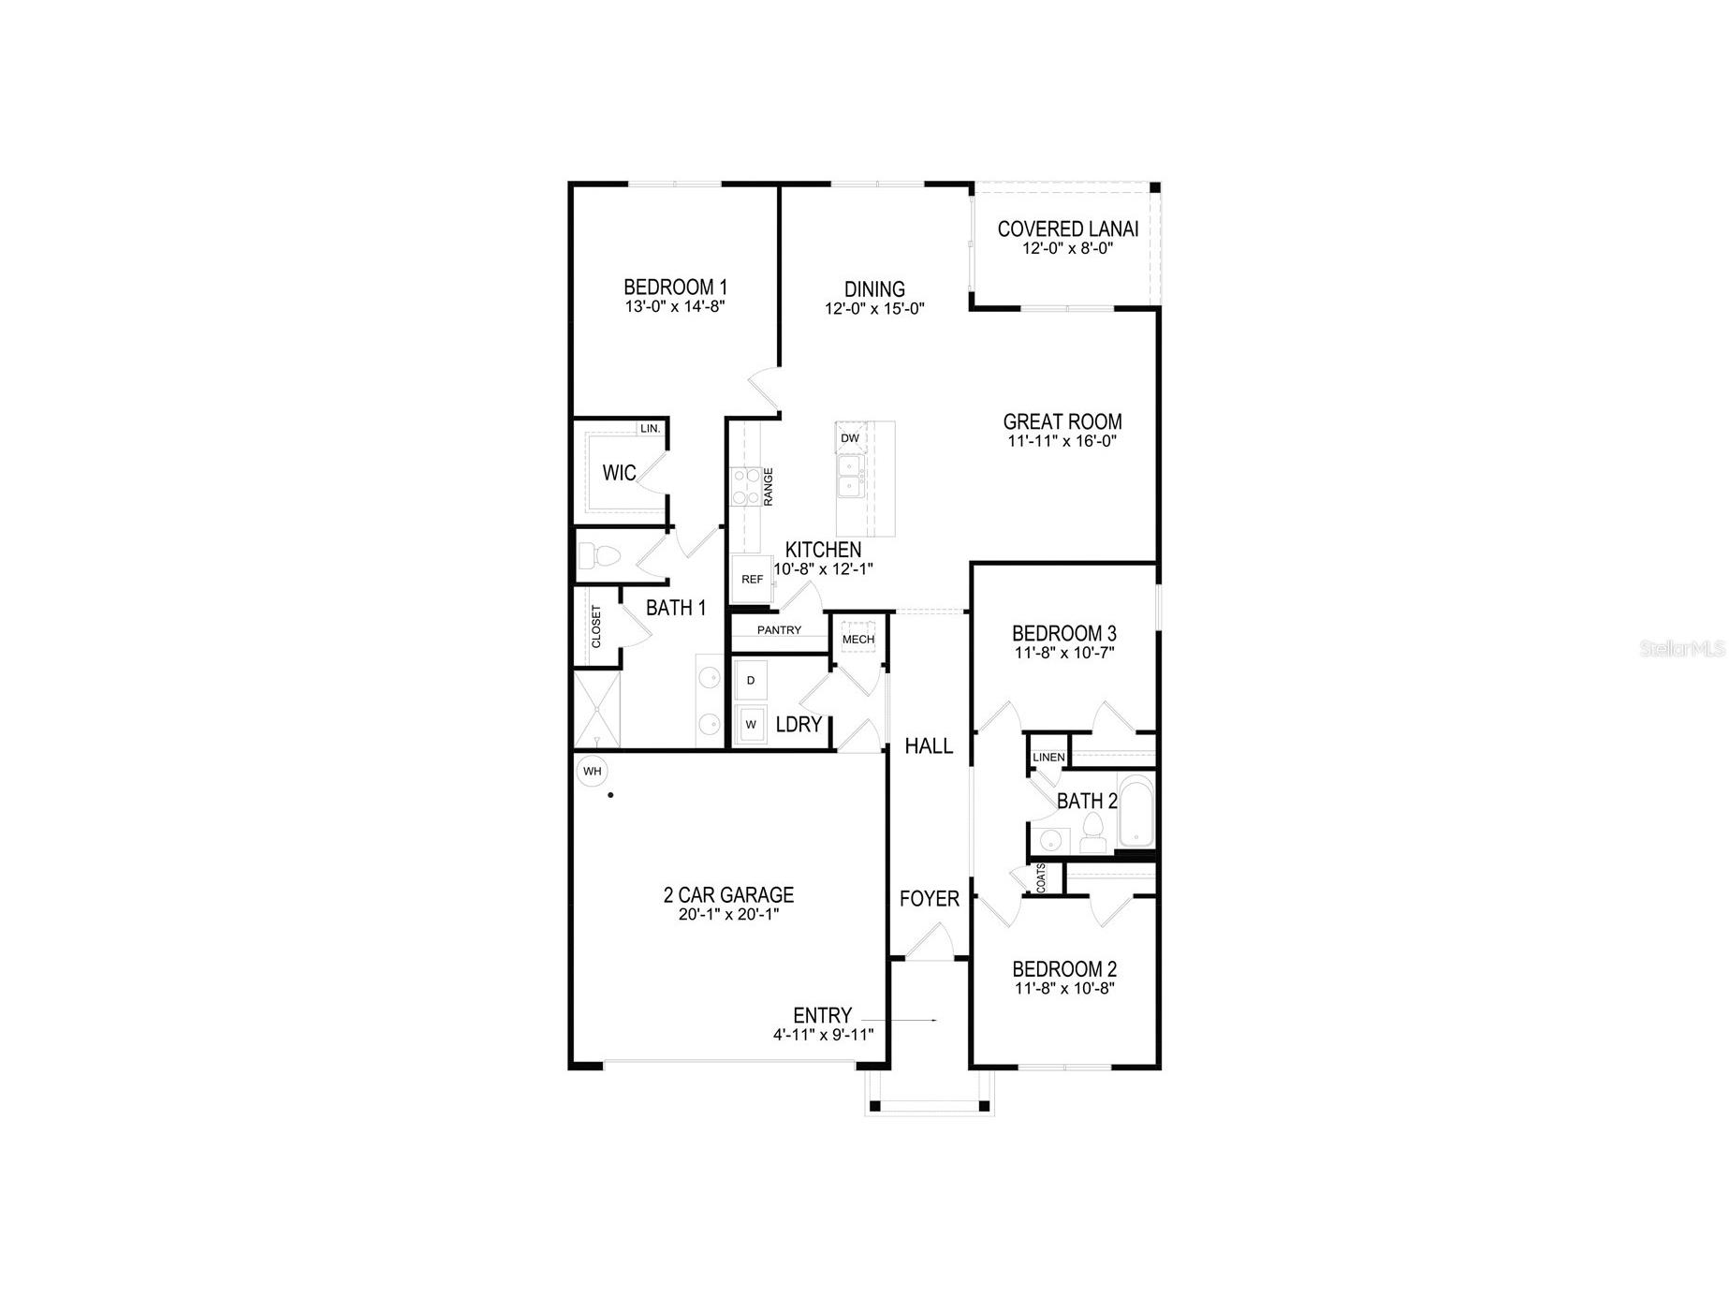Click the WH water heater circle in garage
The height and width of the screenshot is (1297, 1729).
click(592, 772)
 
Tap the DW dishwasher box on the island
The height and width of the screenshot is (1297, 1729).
click(850, 438)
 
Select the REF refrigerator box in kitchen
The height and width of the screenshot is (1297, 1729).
click(752, 580)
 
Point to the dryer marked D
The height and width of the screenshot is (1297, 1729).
click(751, 681)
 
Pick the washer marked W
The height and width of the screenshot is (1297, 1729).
click(751, 725)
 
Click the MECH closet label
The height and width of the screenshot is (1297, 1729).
click(858, 640)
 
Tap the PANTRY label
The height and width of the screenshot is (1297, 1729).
click(779, 630)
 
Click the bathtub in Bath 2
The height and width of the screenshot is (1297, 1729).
click(1136, 811)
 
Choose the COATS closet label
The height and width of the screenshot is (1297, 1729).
click(1042, 878)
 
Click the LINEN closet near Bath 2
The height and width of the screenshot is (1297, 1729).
click(1048, 758)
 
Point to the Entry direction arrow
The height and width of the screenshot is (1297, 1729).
click(899, 1020)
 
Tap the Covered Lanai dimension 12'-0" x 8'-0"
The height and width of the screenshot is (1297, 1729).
click(1067, 249)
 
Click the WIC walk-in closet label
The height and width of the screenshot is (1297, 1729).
click(619, 474)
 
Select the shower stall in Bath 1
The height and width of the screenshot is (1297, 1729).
click(597, 709)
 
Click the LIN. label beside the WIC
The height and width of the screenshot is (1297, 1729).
click(650, 429)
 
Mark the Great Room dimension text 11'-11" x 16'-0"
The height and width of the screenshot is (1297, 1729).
click(1062, 441)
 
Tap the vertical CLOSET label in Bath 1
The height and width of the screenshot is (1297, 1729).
click(596, 626)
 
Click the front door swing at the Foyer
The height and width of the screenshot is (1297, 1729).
click(930, 941)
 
